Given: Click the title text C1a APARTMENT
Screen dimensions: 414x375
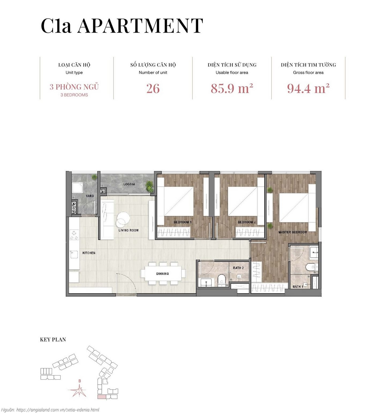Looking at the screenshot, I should point(122,26).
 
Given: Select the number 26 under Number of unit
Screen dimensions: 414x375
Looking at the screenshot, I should point(153,89).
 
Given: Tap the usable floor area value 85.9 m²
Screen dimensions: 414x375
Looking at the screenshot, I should point(232,88).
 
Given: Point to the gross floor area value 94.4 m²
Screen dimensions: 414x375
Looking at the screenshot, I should point(308,88).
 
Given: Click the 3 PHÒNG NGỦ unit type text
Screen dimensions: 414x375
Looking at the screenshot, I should point(74,87).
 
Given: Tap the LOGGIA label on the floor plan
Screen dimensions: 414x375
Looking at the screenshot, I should point(129,184).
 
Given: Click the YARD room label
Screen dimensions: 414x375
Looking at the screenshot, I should point(90,196).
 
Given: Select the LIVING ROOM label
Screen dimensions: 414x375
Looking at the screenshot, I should point(129,230).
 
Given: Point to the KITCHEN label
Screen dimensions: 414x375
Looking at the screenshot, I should point(89,253).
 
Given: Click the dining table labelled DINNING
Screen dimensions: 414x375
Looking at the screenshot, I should point(163,274).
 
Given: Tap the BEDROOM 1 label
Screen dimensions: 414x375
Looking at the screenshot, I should point(182,222).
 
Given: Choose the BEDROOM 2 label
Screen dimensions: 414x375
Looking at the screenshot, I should point(247,222).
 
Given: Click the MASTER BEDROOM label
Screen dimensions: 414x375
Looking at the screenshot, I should point(292,232).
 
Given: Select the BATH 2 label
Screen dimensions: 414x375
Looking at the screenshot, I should point(238,268).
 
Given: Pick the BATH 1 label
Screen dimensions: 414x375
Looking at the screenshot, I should point(298,287).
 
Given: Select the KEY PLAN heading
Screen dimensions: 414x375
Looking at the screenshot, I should point(53,340).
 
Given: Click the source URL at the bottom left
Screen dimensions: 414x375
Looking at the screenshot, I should point(50,409).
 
